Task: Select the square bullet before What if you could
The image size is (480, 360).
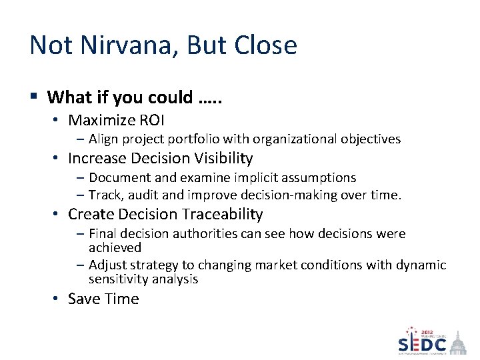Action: click(x=34, y=97)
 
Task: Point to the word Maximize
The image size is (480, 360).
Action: click(x=101, y=120)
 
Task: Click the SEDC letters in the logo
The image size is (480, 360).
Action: click(x=422, y=343)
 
